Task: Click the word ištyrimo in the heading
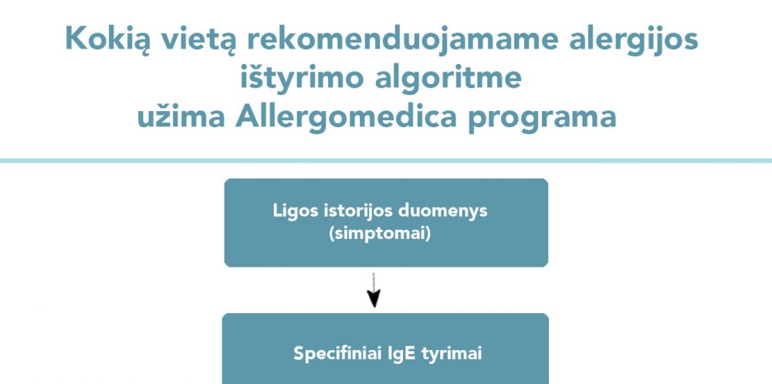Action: (x=301, y=79)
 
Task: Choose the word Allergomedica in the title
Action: (x=346, y=118)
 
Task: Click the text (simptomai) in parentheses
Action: (x=380, y=234)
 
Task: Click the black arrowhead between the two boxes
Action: (x=374, y=298)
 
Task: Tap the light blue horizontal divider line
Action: (x=386, y=161)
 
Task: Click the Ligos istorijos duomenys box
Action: (x=386, y=223)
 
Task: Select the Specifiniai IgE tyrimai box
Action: (x=385, y=349)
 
